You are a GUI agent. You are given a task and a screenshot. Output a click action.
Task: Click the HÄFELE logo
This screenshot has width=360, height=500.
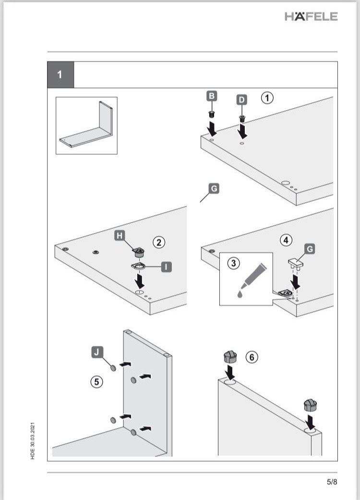311,16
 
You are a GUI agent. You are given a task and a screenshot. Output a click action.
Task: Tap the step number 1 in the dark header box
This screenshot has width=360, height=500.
60,75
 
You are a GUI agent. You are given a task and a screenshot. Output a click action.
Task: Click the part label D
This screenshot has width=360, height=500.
242,99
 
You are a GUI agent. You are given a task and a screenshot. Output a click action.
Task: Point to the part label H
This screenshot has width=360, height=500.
120,235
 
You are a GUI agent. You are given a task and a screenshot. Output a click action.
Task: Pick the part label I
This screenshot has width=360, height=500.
167,266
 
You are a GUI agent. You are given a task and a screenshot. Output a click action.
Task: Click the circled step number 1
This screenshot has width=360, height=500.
267,98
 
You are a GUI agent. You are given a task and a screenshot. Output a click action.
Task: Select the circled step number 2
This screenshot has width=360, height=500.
159,242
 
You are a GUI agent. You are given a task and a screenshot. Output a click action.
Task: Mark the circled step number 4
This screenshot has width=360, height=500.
287,240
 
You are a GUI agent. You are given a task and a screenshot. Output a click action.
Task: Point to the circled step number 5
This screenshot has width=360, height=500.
97,382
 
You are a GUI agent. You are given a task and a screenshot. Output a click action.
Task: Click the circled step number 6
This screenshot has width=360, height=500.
252,357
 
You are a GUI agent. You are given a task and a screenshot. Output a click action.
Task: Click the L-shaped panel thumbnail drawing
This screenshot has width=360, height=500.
86,125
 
